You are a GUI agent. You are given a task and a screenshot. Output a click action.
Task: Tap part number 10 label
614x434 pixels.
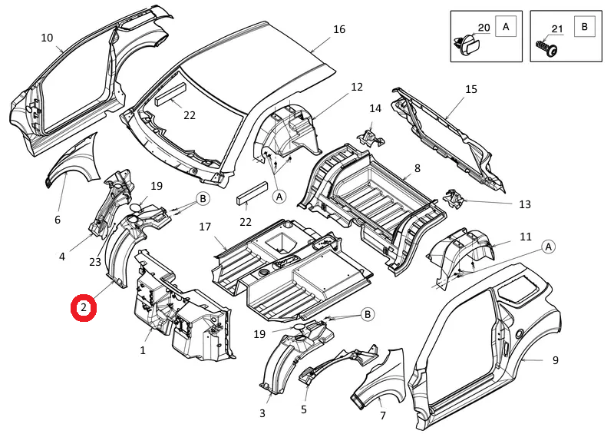[x=47, y=38]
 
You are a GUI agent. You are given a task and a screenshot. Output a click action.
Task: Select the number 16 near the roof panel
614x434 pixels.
[x=339, y=30]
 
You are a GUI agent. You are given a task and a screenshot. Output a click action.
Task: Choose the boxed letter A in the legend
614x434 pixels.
[x=506, y=27]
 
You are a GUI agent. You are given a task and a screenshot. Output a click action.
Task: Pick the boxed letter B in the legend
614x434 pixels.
[x=585, y=27]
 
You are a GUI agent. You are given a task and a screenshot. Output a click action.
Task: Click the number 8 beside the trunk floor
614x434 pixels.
[x=418, y=168]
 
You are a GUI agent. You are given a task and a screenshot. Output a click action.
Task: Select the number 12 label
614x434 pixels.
[x=357, y=87]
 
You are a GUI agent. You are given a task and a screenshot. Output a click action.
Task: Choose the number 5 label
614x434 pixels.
[x=304, y=409]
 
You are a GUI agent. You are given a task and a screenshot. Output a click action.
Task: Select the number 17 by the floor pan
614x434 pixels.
[x=205, y=227]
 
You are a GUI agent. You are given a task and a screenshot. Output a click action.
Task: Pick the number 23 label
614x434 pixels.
[x=94, y=262]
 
